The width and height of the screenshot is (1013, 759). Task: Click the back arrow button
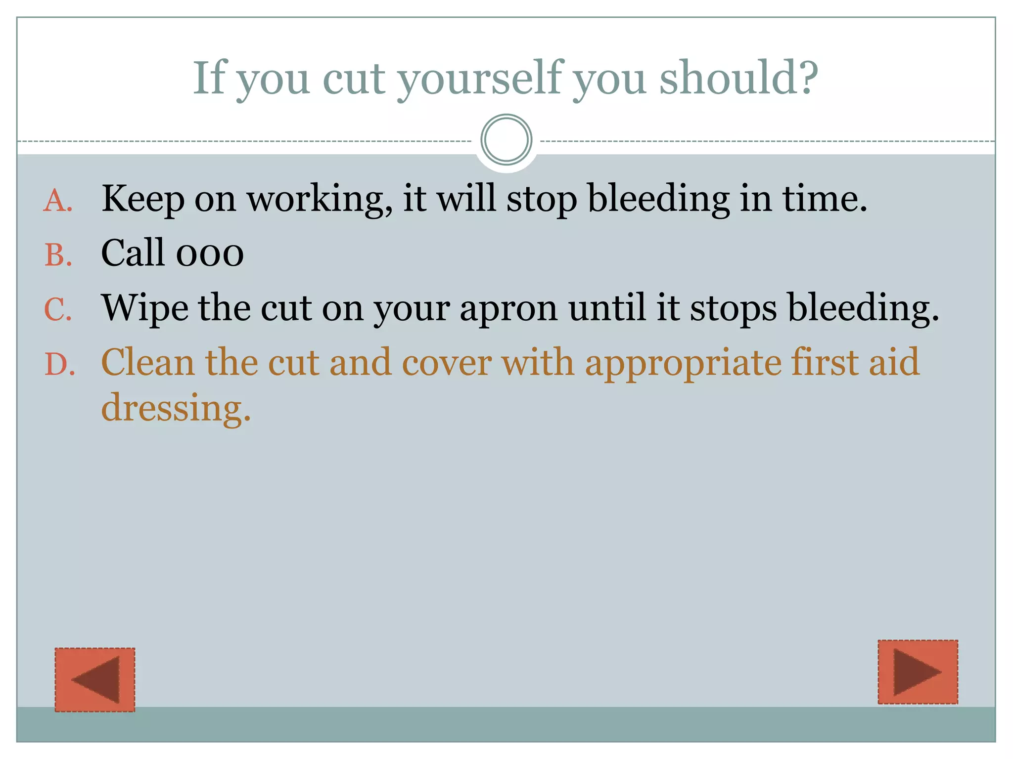[x=95, y=679]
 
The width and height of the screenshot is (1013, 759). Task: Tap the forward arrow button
[x=918, y=672]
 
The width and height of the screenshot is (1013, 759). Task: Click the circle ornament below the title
[x=506, y=140]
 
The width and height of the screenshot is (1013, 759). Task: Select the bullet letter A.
[x=58, y=202]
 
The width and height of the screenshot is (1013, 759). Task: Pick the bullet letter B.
[x=58, y=255]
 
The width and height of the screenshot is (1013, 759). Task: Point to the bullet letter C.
[x=58, y=310]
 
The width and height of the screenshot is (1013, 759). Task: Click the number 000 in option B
[x=210, y=253]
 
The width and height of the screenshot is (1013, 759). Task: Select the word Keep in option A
[x=143, y=199]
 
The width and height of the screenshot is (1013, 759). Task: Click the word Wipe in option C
[x=145, y=308]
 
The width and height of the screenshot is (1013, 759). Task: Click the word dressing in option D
[x=176, y=408]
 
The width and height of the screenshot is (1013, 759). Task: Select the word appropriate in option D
[x=683, y=363]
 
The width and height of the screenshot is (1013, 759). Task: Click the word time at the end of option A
[x=824, y=199]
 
